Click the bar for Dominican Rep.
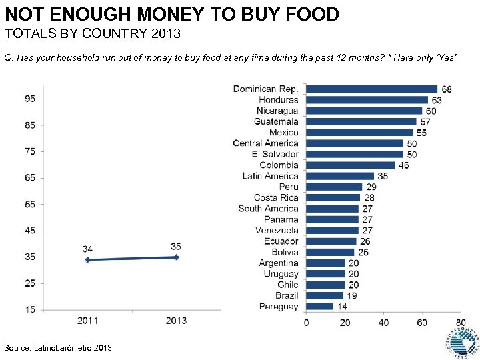click(372, 89)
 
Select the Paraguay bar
click(320, 307)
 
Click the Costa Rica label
click(276, 198)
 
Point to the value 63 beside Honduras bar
click(437, 100)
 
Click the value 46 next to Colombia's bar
click(403, 165)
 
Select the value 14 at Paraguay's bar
click(341, 307)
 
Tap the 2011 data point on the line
click(87, 260)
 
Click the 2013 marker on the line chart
click(176, 257)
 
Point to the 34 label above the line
click(87, 249)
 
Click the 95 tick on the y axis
click(31, 98)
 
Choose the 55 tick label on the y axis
click(31, 204)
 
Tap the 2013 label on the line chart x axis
click(176, 321)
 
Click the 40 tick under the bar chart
click(383, 323)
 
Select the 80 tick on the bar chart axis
click(459, 323)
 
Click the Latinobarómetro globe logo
click(461, 341)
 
